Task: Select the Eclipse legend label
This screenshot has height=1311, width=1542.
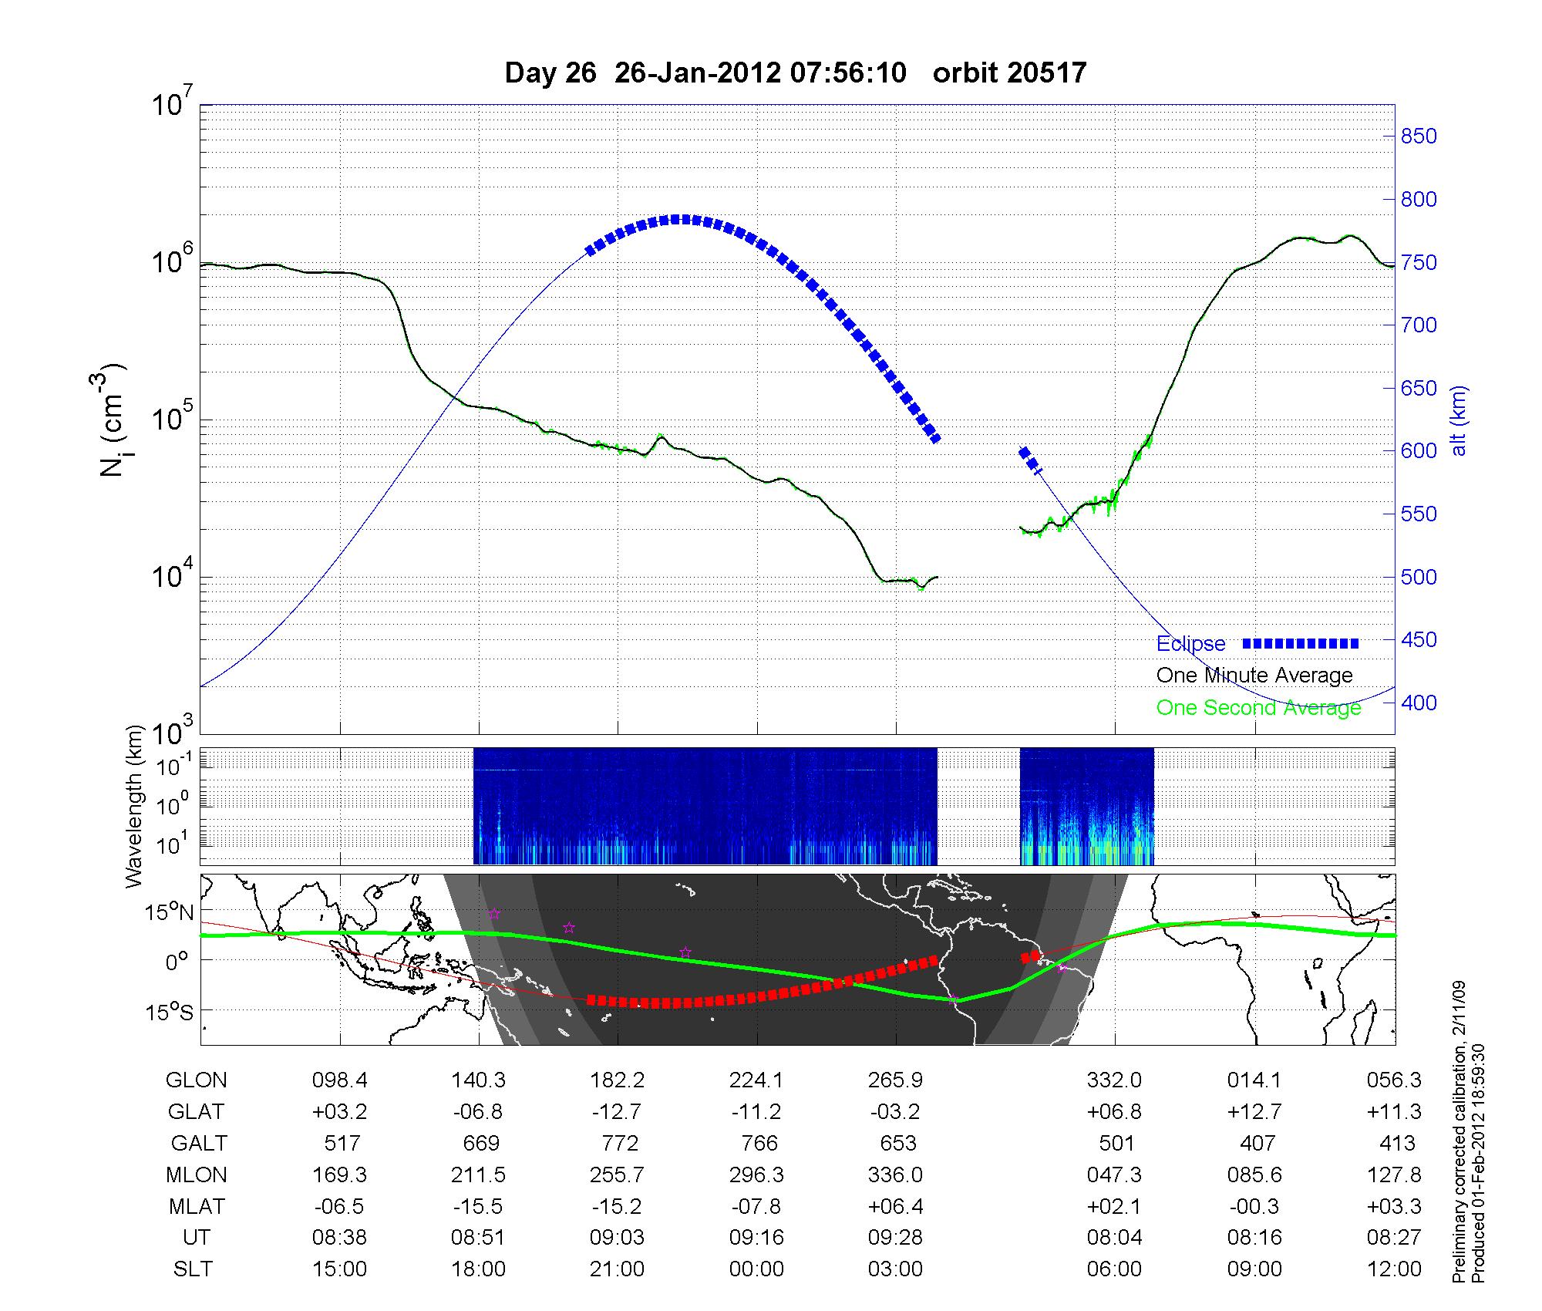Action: tap(1190, 643)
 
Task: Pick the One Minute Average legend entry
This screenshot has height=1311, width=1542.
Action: tap(1254, 676)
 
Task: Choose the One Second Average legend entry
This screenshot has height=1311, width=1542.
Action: tap(1258, 708)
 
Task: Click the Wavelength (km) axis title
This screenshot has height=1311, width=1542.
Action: tap(134, 806)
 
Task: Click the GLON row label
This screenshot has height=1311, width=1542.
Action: tap(196, 1080)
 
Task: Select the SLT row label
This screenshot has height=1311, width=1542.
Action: tap(193, 1269)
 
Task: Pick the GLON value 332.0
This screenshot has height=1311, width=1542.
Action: tap(1114, 1080)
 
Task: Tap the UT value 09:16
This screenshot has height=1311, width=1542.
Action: tap(756, 1238)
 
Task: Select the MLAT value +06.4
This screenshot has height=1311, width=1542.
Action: tap(896, 1206)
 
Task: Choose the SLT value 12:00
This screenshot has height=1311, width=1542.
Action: tap(1394, 1269)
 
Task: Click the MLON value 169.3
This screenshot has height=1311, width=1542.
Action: tap(339, 1175)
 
